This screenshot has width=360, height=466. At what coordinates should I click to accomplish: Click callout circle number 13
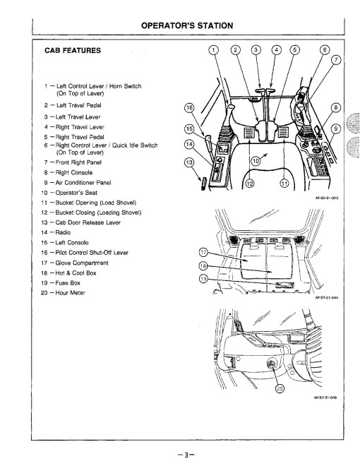coord(188,162)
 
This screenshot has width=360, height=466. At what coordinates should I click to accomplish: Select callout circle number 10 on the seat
coord(256,161)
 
